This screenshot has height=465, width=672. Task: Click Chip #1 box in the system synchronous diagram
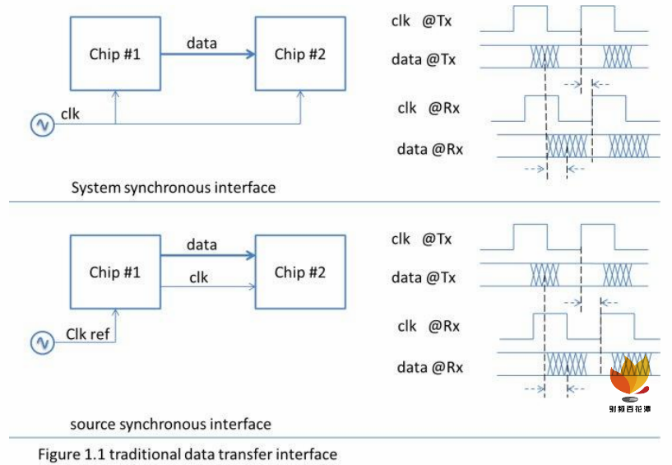tap(115, 55)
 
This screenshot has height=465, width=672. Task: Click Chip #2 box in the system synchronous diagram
tap(299, 55)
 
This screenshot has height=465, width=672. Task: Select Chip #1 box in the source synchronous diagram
tap(115, 272)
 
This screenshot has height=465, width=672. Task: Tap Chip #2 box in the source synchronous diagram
tap(299, 272)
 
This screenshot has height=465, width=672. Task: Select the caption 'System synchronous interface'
tap(173, 188)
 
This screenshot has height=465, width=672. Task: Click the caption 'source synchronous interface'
tap(170, 425)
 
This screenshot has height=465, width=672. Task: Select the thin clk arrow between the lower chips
tap(207, 287)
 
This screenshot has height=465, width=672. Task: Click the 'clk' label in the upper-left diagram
tap(71, 114)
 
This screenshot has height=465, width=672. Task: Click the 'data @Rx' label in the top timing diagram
tap(429, 149)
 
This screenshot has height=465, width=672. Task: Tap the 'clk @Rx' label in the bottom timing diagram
tap(428, 327)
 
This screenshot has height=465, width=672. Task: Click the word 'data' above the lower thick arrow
tap(202, 244)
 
